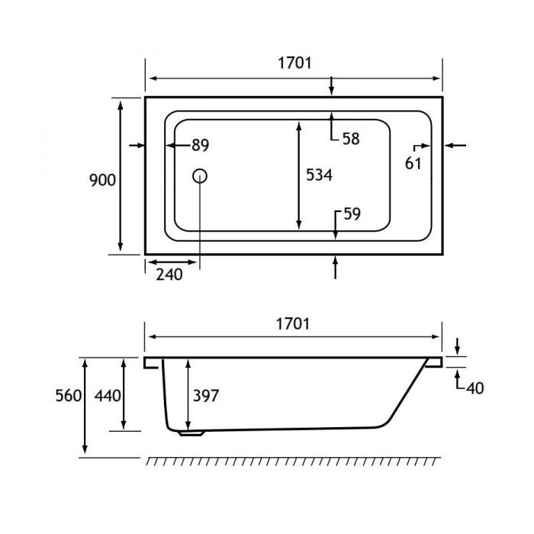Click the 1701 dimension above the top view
click(x=294, y=63)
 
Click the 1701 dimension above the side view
click(x=294, y=323)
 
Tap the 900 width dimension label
click(x=102, y=180)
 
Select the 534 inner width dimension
click(x=319, y=175)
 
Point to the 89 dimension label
click(x=200, y=145)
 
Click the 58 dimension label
click(x=351, y=139)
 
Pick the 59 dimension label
click(x=352, y=214)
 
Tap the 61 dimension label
click(x=413, y=162)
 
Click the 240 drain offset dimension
click(x=169, y=275)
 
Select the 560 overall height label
click(x=69, y=396)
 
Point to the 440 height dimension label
click(x=107, y=396)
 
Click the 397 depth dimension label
click(x=206, y=396)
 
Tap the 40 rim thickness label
click(x=474, y=388)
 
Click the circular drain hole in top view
click(x=200, y=175)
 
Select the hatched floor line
click(x=294, y=462)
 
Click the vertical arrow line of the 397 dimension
click(x=188, y=396)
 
